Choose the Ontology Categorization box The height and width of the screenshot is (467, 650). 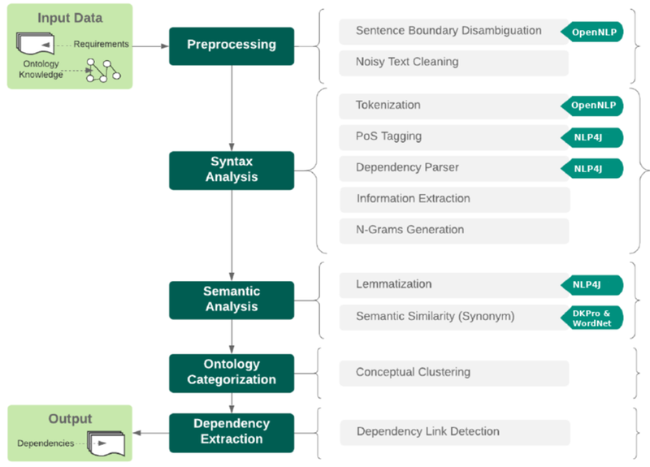click(x=232, y=372)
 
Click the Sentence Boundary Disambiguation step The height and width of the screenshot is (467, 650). click(x=448, y=31)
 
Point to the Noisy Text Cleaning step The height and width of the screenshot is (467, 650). click(x=453, y=62)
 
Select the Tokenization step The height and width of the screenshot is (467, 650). click(x=448, y=106)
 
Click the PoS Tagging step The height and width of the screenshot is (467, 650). click(x=448, y=136)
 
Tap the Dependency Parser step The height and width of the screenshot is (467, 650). click(x=448, y=167)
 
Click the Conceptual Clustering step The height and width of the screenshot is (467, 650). click(x=453, y=373)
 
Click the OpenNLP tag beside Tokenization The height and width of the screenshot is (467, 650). click(x=592, y=106)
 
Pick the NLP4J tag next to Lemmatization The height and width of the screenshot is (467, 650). click(x=592, y=284)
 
